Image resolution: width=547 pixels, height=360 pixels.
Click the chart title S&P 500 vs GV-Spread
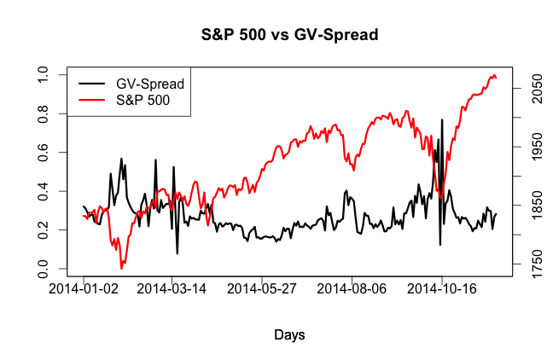pyautogui.click(x=289, y=35)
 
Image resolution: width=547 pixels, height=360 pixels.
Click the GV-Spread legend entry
pyautogui.click(x=150, y=83)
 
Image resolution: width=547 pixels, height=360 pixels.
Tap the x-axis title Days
pyautogui.click(x=289, y=335)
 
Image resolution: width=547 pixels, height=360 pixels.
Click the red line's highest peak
pyautogui.click(x=493, y=76)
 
